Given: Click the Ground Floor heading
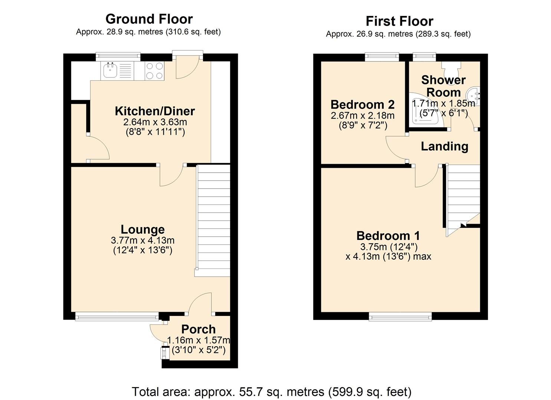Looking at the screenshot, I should [149, 19].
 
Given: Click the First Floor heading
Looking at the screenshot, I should [399, 21].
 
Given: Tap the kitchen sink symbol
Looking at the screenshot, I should [111, 70].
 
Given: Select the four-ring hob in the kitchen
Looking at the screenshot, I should [154, 71].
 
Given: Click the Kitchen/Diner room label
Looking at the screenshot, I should [155, 111].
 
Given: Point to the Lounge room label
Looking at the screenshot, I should [142, 230].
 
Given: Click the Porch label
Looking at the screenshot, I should [199, 329].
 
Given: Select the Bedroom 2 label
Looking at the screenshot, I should [363, 104].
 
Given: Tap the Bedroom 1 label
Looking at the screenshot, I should [388, 236].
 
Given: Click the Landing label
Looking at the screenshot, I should [445, 146].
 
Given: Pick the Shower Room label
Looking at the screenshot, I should [443, 86].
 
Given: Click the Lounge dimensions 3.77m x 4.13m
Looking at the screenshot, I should [142, 241].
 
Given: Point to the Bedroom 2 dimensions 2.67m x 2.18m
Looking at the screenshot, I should [363, 116].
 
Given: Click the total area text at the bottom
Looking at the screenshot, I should [272, 391].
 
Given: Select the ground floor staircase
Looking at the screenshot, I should [213, 220].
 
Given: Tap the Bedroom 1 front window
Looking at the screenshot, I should [400, 316].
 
